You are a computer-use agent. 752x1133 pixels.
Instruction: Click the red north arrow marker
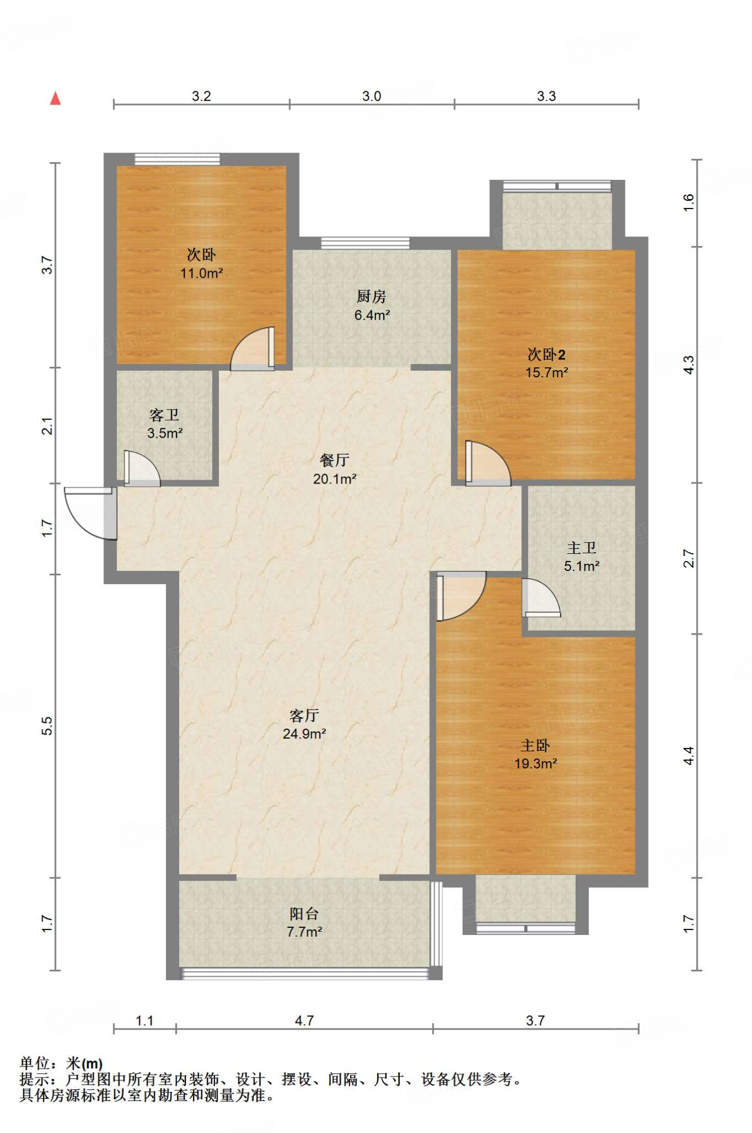coord(55,98)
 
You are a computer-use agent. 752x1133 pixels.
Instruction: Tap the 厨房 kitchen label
coord(371,297)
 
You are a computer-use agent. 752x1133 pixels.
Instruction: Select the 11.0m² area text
coord(201,273)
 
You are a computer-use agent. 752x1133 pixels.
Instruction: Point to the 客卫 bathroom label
coord(164,415)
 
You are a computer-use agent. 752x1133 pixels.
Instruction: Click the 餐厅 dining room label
coord(335,460)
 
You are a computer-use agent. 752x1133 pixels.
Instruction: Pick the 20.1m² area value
coord(335,479)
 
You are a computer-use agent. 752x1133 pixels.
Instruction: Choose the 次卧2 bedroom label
coord(546,354)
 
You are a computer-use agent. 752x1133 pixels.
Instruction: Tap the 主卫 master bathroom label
coord(582,548)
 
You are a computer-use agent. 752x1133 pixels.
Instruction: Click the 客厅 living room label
coord(304,715)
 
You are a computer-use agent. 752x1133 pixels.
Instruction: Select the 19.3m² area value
coord(535,763)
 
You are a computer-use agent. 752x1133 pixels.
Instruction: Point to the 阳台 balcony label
coord(304,914)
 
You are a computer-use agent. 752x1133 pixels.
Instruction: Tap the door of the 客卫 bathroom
coord(142,469)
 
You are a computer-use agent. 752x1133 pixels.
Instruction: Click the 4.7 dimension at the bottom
coord(304,1021)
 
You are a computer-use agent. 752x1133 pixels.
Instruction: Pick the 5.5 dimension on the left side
coord(48,725)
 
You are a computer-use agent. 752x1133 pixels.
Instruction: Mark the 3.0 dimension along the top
coord(372,96)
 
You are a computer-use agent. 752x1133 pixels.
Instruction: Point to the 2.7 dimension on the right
coord(688,558)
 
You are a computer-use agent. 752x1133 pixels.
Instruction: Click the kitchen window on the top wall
coord(365,243)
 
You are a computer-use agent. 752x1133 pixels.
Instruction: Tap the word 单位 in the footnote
coord(35,1063)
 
